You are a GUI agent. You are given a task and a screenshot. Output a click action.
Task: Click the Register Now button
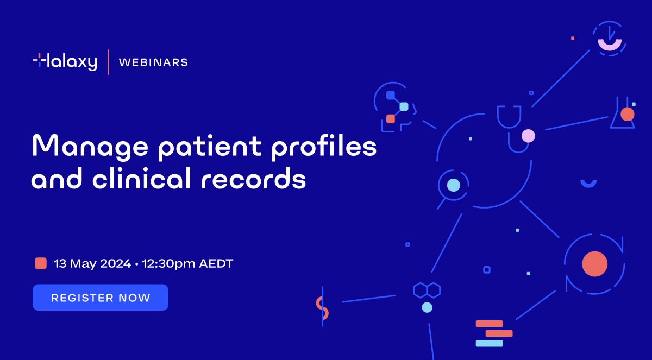click(101, 298)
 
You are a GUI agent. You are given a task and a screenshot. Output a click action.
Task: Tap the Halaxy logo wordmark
click(65, 61)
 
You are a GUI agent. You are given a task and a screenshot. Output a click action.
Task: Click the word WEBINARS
click(153, 62)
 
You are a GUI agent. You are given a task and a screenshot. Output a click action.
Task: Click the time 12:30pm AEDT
click(187, 264)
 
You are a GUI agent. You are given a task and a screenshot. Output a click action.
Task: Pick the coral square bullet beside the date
click(41, 263)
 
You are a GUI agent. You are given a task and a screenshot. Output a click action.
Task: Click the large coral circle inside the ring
click(594, 264)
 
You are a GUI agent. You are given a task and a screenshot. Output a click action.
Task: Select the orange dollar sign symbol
click(322, 307)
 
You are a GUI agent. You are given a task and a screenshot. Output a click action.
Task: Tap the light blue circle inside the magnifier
click(453, 185)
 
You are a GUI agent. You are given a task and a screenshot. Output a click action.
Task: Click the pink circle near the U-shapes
click(528, 136)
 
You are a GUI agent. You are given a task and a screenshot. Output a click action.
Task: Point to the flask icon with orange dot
click(624, 114)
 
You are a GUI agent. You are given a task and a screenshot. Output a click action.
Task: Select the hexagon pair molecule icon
click(427, 289)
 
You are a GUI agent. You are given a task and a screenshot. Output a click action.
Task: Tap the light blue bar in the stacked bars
click(489, 343)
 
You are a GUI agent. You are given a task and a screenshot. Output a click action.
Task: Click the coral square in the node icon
click(390, 118)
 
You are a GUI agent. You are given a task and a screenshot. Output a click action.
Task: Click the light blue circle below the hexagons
click(427, 307)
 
